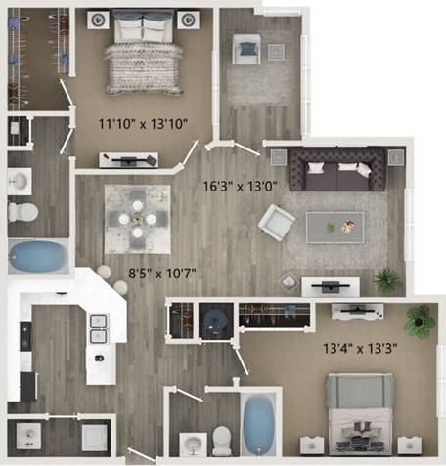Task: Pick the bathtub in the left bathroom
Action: click(x=39, y=257)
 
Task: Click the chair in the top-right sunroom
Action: click(x=247, y=46)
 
